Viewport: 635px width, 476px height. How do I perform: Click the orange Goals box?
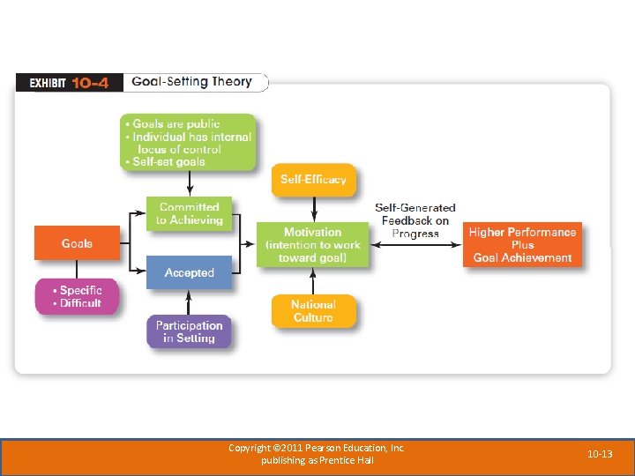click(x=77, y=243)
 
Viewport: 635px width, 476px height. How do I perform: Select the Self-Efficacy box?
click(x=313, y=180)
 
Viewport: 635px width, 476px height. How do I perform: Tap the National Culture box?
click(x=313, y=311)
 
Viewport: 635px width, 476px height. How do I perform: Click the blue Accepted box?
click(x=189, y=273)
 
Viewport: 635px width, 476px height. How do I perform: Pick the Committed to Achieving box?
click(x=190, y=214)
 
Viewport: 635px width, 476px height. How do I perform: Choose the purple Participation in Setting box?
click(x=189, y=331)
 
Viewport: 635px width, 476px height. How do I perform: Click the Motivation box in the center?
click(x=312, y=244)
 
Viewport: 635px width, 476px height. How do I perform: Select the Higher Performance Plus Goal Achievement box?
click(x=522, y=244)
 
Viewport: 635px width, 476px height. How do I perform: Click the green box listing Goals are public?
click(x=188, y=143)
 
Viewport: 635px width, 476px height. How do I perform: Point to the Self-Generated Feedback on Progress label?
click(x=415, y=220)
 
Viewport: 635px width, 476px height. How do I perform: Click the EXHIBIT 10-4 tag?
click(x=69, y=83)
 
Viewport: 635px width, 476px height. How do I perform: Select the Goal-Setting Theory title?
click(x=191, y=82)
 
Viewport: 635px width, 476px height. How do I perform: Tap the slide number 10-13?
click(x=601, y=454)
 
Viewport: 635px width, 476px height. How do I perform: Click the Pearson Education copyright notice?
click(x=317, y=454)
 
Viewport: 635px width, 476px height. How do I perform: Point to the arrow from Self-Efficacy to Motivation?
click(x=313, y=209)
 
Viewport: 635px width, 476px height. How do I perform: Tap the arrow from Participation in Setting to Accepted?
click(x=190, y=302)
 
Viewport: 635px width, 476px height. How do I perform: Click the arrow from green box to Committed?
click(x=190, y=183)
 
